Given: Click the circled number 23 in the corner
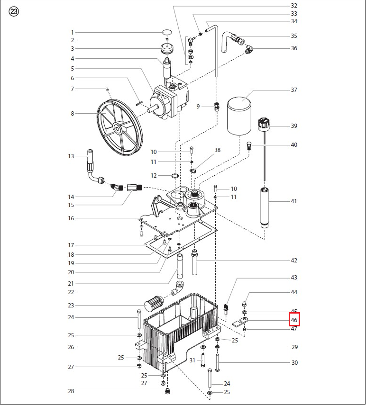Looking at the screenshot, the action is [x=14, y=12].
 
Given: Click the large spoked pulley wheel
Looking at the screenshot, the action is [x=119, y=127].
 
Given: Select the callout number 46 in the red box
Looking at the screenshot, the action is [x=294, y=320].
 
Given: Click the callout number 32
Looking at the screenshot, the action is [x=294, y=5].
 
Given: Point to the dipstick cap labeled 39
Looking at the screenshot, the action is [x=264, y=123].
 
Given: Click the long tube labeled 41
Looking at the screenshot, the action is [x=265, y=208].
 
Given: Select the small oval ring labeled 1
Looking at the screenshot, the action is [x=167, y=32].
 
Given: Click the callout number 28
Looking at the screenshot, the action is [x=71, y=391].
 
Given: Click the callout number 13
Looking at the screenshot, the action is [x=71, y=156].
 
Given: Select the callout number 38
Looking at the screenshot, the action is [x=218, y=150].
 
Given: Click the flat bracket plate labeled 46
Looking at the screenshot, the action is [x=240, y=322].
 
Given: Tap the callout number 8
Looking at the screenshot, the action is [x=73, y=113].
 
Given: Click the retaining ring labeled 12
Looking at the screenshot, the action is [x=175, y=176].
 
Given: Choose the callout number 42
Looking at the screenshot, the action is [x=294, y=261].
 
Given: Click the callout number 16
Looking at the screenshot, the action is [x=71, y=218].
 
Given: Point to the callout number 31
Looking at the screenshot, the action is [x=192, y=360].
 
